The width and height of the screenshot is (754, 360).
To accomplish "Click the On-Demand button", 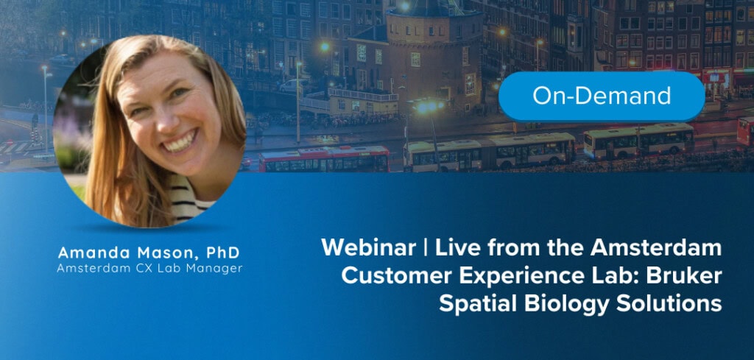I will point(602,96).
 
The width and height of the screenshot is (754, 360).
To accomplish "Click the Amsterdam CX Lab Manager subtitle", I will point(149,269).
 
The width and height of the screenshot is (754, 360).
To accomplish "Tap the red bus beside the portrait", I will point(324,158).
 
